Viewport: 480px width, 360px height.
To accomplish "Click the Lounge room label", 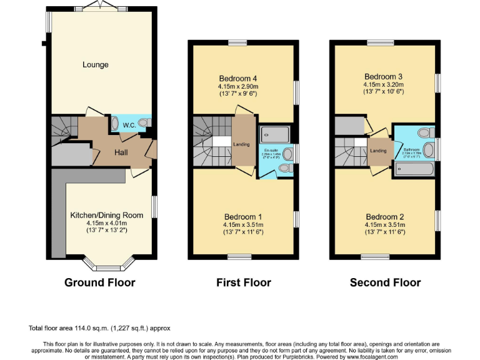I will click(95, 64).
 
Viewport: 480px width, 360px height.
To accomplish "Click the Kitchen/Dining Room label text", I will click(106, 215).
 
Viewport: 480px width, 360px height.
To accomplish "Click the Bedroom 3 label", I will click(384, 76).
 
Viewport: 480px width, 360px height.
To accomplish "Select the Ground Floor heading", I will click(99, 282).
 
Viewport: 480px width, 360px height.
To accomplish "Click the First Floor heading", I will click(243, 282).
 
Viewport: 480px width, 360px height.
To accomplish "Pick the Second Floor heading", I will click(385, 282).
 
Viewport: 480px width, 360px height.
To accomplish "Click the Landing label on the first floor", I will click(241, 145).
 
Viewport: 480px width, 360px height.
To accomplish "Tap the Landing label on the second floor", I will click(377, 151).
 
